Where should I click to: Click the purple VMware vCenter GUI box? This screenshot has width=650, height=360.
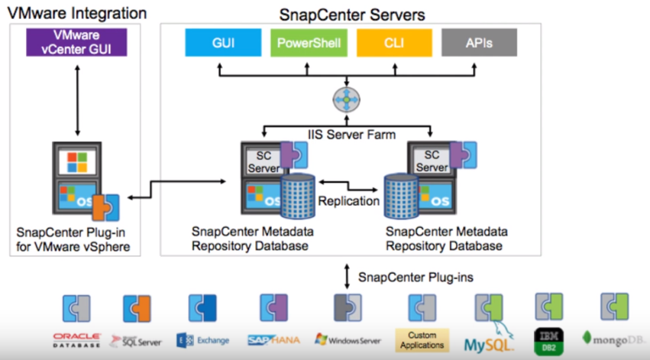tap(76, 42)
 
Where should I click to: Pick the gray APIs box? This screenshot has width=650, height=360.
tap(480, 43)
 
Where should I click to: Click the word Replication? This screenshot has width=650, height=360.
tap(348, 202)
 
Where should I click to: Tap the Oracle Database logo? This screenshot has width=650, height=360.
tap(76, 339)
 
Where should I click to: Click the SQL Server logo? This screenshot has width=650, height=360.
tap(137, 339)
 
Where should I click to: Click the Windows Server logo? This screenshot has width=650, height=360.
tap(348, 339)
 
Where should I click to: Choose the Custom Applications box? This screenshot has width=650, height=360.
tap(422, 339)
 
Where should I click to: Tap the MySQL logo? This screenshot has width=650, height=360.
tap(489, 339)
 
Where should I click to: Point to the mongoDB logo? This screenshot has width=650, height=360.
tap(613, 337)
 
